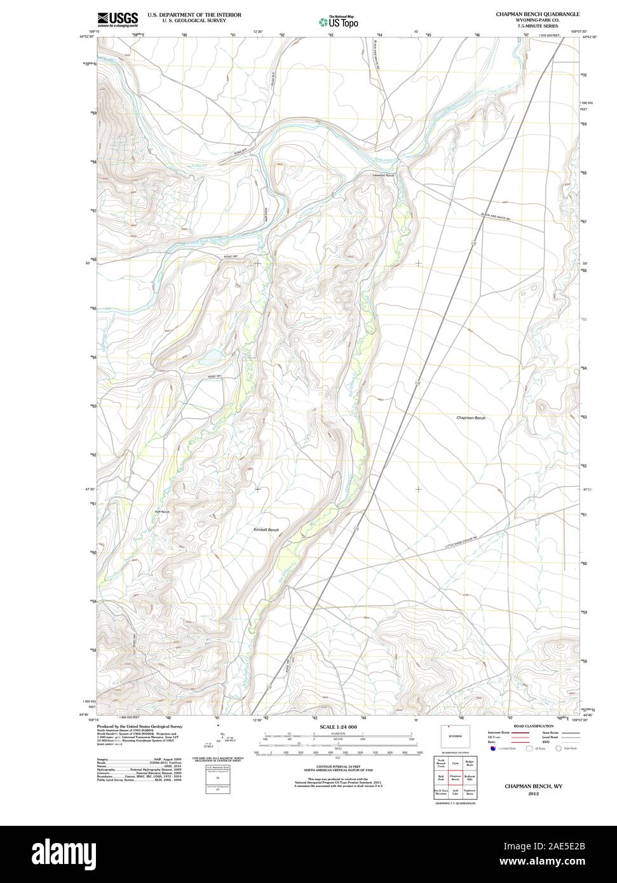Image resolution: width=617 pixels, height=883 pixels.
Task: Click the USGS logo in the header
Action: click(117, 20)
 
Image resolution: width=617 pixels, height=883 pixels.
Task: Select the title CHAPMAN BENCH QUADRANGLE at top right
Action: click(538, 13)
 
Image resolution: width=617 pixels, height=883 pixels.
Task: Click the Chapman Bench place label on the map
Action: click(471, 418)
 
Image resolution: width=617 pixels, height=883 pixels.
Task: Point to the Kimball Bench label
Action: click(266, 530)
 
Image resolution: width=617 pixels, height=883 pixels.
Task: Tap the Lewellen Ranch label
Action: click(384, 175)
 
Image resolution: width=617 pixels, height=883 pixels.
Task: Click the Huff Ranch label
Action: click(162, 511)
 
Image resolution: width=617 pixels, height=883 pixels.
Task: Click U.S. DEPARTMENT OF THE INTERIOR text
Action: click(187, 13)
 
